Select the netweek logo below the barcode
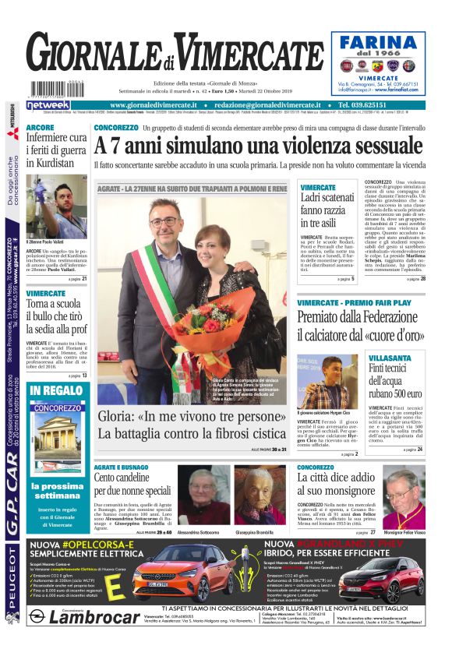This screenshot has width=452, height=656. [x=48, y=105]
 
